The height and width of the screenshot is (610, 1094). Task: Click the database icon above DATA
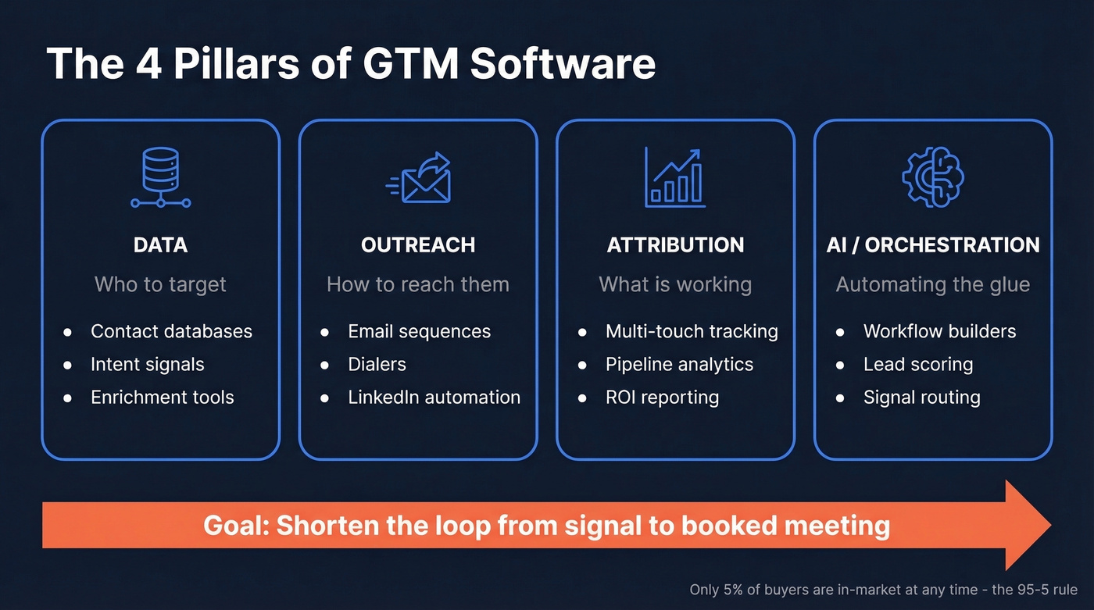[x=160, y=177]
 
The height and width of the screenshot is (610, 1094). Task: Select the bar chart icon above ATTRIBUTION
[x=675, y=178]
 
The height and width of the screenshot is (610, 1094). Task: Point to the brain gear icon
[x=932, y=177]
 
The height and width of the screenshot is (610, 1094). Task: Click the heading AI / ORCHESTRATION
[x=933, y=245]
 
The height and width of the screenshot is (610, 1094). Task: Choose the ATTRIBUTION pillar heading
[x=675, y=245]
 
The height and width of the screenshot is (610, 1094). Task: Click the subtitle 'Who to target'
[x=160, y=284]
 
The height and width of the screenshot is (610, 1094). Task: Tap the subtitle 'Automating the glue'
[x=933, y=284]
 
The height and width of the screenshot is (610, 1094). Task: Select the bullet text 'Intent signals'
[x=147, y=364]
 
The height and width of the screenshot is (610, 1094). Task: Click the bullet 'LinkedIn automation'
[x=434, y=397]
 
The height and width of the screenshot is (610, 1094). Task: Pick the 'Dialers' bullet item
[x=377, y=364]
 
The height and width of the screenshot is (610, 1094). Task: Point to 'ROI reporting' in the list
[x=662, y=397]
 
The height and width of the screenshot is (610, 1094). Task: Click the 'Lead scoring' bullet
[x=917, y=364]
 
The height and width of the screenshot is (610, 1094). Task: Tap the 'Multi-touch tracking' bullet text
[x=692, y=331]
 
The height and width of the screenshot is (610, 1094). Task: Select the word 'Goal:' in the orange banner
[x=236, y=525]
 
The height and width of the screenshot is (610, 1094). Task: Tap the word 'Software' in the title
[x=563, y=64]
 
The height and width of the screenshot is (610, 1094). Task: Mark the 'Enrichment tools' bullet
[x=162, y=397]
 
